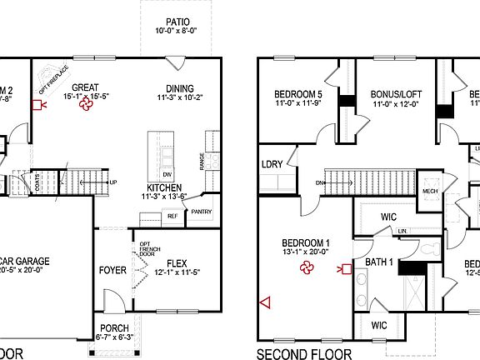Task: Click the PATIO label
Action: coord(177,22)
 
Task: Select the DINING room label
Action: coord(179,89)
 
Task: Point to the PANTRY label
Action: coord(202,212)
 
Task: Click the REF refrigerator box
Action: coord(173,216)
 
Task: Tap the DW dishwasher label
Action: coord(167,174)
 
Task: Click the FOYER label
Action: coord(112,270)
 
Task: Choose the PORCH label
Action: coord(114,327)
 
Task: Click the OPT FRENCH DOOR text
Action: coord(139,249)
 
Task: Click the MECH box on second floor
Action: coord(430,189)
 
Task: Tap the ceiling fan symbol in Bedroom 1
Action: coord(307,267)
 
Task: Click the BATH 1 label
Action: coord(380,262)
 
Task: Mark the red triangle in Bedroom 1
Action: coord(266,302)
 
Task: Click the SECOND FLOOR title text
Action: coord(303,353)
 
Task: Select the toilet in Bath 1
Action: coord(427,249)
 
